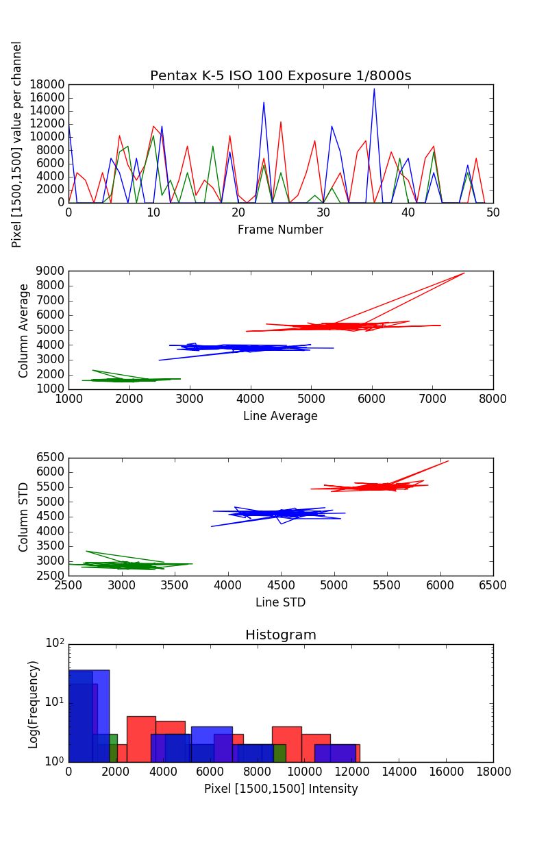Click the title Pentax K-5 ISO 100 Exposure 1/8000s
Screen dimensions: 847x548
tap(281, 75)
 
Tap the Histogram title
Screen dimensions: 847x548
tap(281, 635)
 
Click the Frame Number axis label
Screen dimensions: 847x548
tap(280, 230)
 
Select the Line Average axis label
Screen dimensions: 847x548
tap(280, 416)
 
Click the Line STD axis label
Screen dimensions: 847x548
tap(280, 602)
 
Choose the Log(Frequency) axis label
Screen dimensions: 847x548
tap(33, 704)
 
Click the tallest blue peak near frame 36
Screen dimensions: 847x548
tap(374, 89)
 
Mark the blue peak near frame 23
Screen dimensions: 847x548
tap(264, 103)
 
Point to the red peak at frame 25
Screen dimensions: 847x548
tap(281, 122)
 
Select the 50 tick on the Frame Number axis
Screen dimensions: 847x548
tap(493, 212)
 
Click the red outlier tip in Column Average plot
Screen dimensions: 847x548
tap(464, 273)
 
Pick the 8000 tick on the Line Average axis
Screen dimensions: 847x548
tap(493, 399)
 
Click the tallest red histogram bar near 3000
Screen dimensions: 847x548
tap(141, 738)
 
